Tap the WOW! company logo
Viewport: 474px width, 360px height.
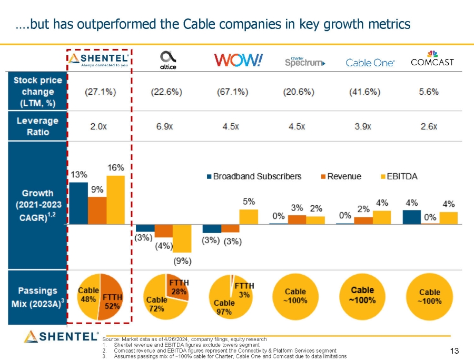238,61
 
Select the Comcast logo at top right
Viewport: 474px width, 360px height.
432,59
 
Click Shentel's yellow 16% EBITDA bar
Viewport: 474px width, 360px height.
115,200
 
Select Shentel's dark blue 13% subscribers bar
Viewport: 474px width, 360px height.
78,203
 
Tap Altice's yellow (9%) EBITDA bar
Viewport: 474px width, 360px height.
182,238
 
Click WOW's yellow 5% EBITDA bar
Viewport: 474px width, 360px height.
249,216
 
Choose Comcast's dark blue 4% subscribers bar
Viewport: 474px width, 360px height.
412,217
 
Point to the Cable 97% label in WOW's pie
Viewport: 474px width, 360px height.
224,306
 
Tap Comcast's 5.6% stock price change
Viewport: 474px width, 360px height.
429,92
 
